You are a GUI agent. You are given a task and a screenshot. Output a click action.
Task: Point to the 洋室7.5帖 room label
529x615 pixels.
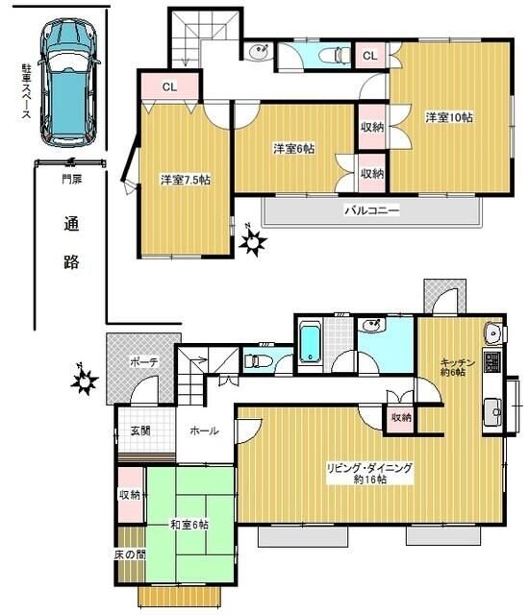(185, 180)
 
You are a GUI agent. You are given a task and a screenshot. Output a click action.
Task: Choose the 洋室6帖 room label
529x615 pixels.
(294, 148)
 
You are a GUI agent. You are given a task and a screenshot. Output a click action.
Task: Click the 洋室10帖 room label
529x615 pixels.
(449, 117)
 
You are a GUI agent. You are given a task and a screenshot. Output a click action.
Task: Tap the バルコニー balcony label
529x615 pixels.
(372, 209)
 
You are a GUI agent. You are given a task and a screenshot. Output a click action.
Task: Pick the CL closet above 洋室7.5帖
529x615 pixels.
(168, 87)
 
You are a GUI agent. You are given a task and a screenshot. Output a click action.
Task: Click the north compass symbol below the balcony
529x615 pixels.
(252, 242)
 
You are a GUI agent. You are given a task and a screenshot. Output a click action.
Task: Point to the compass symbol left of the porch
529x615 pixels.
(85, 381)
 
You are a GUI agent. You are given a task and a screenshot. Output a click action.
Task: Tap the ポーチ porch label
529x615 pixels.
(144, 361)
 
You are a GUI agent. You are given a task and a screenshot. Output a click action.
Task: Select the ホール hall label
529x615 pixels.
(204, 431)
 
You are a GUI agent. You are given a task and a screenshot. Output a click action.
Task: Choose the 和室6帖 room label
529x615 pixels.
(189, 525)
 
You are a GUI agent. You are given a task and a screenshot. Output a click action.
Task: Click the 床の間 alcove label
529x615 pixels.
(129, 556)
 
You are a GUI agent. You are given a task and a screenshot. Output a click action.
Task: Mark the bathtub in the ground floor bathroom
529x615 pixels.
(310, 345)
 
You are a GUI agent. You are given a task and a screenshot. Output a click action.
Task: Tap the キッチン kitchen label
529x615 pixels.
(458, 366)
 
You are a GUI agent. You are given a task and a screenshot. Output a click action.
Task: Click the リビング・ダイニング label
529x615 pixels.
(369, 473)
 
